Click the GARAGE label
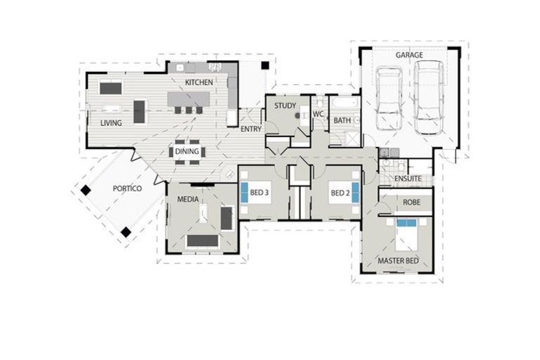tap(409, 55)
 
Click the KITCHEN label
tap(199, 82)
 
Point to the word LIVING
tap(111, 123)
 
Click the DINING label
tap(187, 150)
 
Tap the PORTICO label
tap(127, 188)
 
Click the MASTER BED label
tap(398, 261)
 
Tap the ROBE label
tap(412, 202)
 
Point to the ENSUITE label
tap(408, 179)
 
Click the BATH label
tap(342, 121)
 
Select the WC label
tap(318, 113)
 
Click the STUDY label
tap(285, 105)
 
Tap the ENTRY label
tap(251, 129)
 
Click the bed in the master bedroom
tap(408, 236)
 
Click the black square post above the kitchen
tap(266, 65)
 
